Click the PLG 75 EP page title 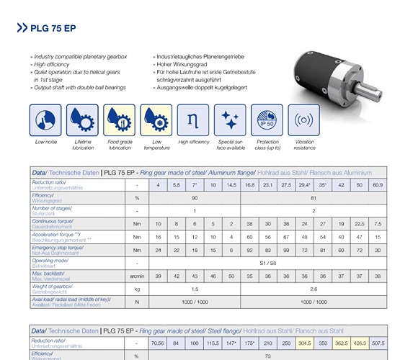click(54, 29)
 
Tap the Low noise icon click(45, 120)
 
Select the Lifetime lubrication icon click(82, 120)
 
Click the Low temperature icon click(156, 120)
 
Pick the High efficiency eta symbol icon click(193, 120)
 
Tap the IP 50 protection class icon click(267, 120)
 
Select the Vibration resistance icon click(304, 120)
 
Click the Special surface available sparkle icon click(231, 120)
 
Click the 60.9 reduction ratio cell click(378, 185)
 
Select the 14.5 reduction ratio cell click(231, 185)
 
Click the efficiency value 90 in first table click(195, 197)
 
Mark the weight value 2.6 click(313, 288)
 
